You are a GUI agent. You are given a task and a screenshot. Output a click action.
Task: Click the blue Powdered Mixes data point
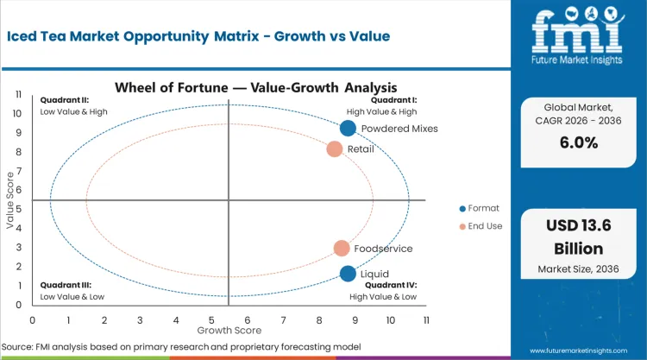(x=348, y=129)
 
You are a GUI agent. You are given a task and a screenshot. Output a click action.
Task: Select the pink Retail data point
(x=335, y=149)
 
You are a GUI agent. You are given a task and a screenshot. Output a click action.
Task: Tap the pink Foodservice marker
(x=342, y=249)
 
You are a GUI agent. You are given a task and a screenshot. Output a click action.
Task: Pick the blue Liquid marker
(x=348, y=274)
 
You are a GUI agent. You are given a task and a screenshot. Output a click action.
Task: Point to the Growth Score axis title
(x=229, y=330)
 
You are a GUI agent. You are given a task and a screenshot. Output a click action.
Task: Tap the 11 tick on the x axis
(x=426, y=319)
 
